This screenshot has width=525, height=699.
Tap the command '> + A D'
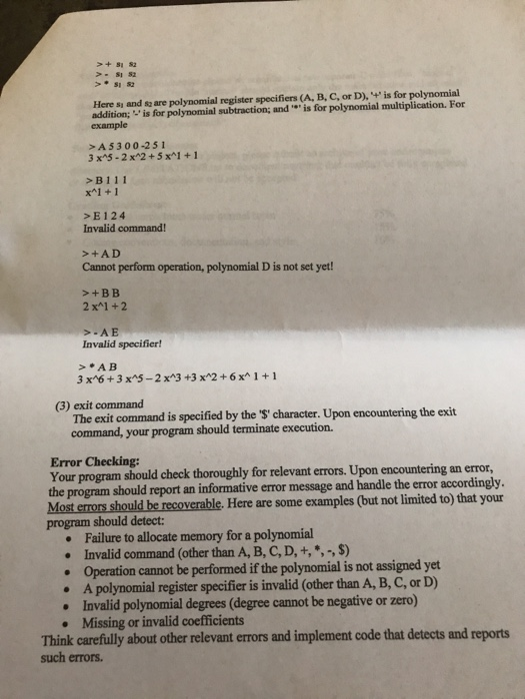tap(100, 253)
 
